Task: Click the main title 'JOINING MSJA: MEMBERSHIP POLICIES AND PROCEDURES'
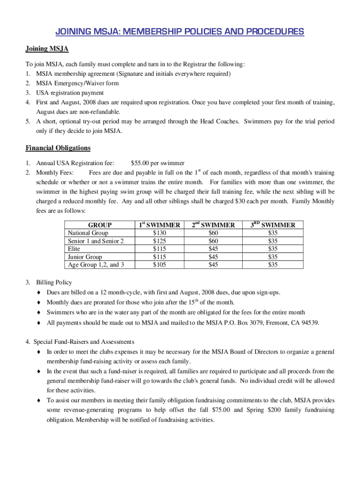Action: pyautogui.click(x=180, y=32)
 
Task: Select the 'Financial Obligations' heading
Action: pyautogui.click(x=58, y=148)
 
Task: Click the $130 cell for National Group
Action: pyautogui.click(x=159, y=233)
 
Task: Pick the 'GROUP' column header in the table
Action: pyautogui.click(x=100, y=225)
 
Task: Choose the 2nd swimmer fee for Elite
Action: pyautogui.click(x=213, y=249)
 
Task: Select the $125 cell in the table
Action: pyautogui.click(x=159, y=241)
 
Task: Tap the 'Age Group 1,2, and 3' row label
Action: pyautogui.click(x=96, y=265)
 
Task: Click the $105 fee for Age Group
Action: pyautogui.click(x=159, y=265)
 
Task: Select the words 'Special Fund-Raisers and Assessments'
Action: pyautogui.click(x=85, y=341)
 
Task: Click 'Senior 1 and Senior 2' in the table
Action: pyautogui.click(x=96, y=241)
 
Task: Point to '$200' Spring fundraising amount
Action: pyautogui.click(x=274, y=410)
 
